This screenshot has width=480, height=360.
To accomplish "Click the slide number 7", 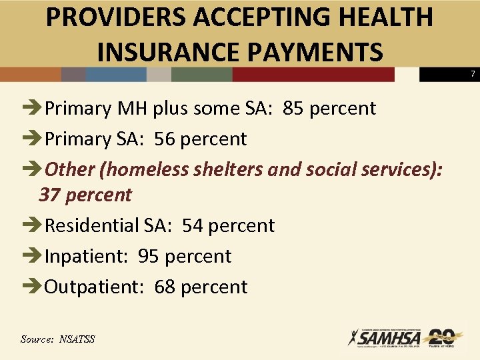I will point(473,73).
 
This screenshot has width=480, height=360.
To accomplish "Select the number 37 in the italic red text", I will point(49,195).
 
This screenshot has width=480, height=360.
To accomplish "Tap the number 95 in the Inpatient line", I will point(149,256).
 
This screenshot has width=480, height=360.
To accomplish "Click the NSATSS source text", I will point(77,339).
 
